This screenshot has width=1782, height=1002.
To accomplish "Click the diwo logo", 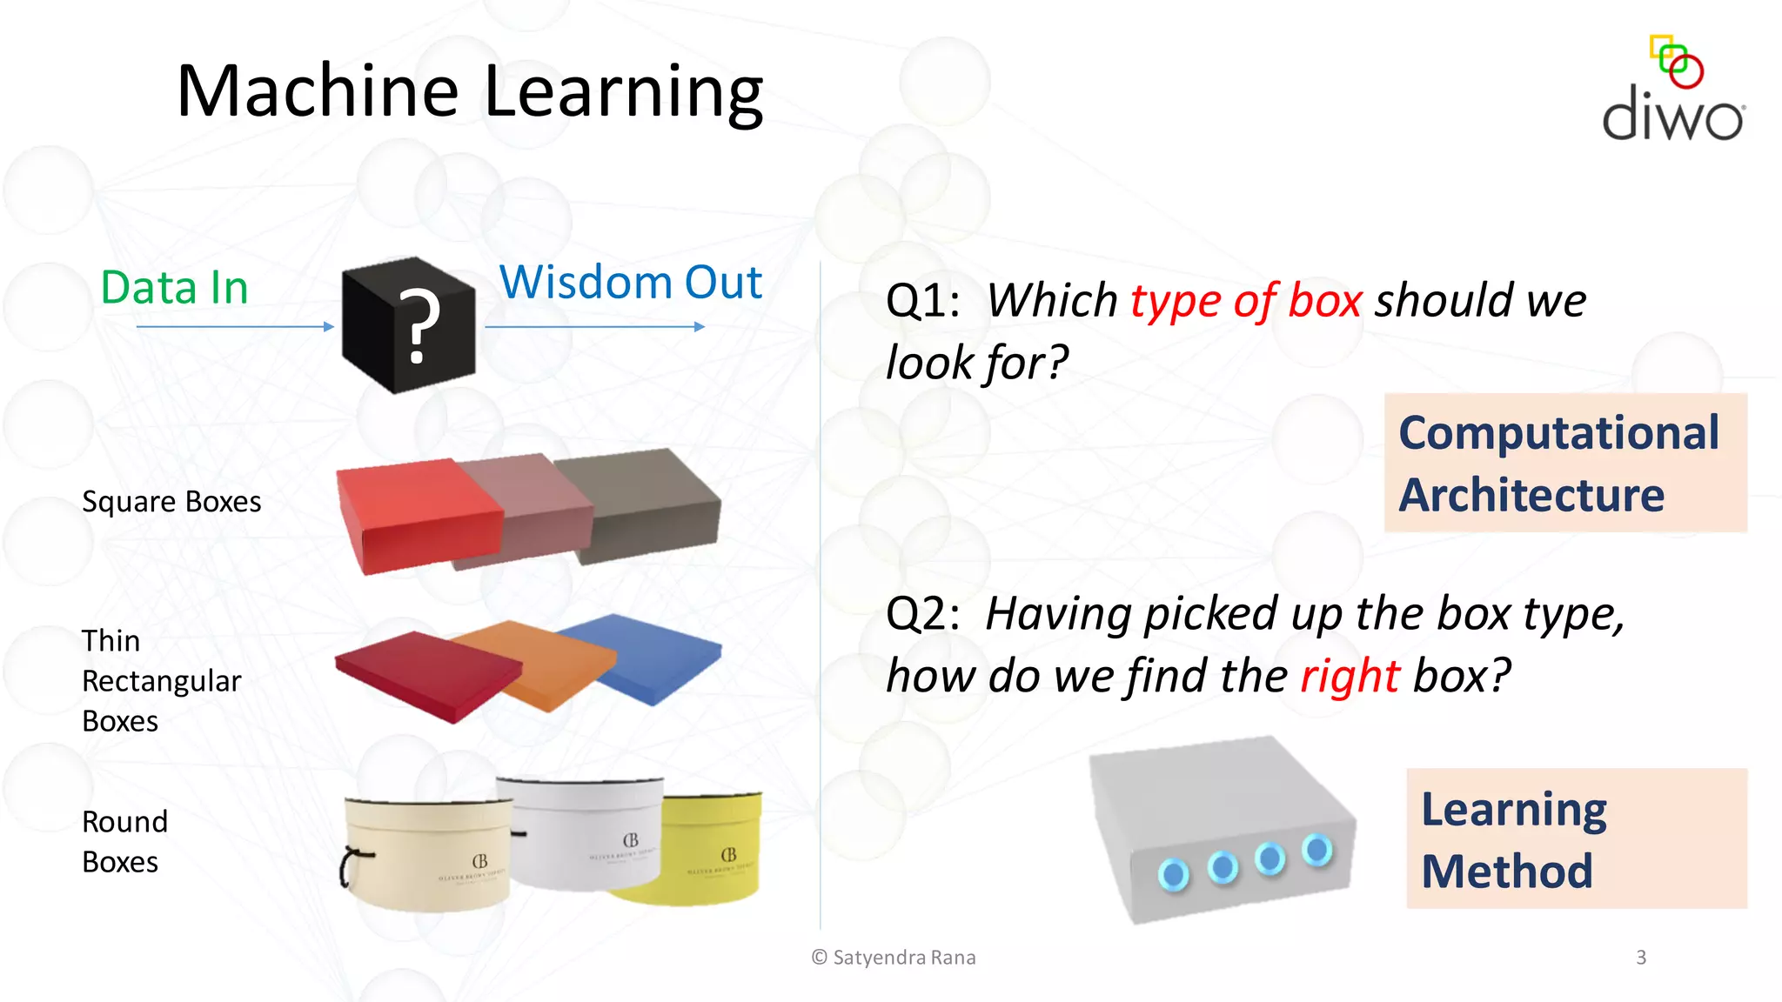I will click(x=1672, y=90).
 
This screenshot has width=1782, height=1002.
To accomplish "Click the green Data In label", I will click(x=175, y=288).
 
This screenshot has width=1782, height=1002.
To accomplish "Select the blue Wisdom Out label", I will click(x=631, y=283).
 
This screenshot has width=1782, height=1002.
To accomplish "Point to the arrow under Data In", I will click(x=235, y=327).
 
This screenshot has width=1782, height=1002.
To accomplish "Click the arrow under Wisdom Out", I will click(x=594, y=327).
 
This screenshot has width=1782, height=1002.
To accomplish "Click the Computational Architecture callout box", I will click(x=1564, y=463).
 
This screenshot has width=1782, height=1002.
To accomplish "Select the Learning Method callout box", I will click(x=1576, y=838).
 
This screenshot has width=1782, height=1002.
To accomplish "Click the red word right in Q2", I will click(x=1350, y=676).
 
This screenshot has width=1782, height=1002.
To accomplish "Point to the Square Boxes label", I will click(x=171, y=502).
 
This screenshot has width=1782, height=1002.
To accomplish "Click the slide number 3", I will click(x=1641, y=958).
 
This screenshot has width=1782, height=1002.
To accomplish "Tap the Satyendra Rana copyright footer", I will click(x=894, y=958).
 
